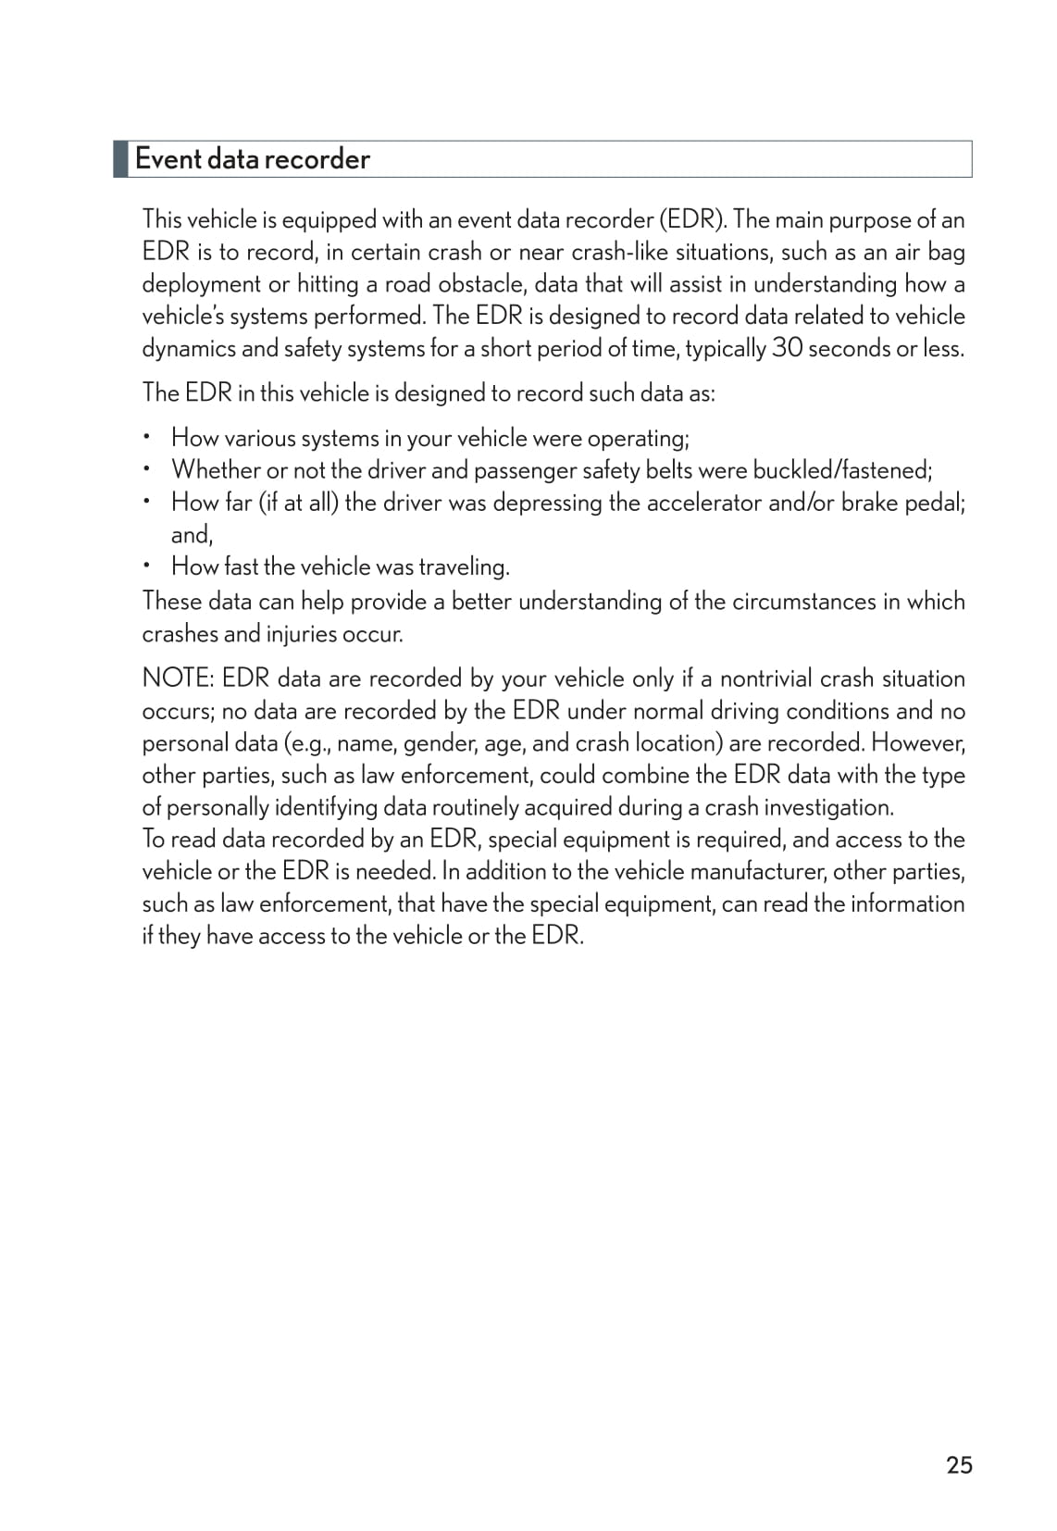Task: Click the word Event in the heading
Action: pos(168,159)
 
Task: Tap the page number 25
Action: pos(959,1465)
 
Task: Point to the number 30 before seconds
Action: pos(786,349)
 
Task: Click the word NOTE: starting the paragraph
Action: pos(178,678)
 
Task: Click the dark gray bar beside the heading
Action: pos(120,159)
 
